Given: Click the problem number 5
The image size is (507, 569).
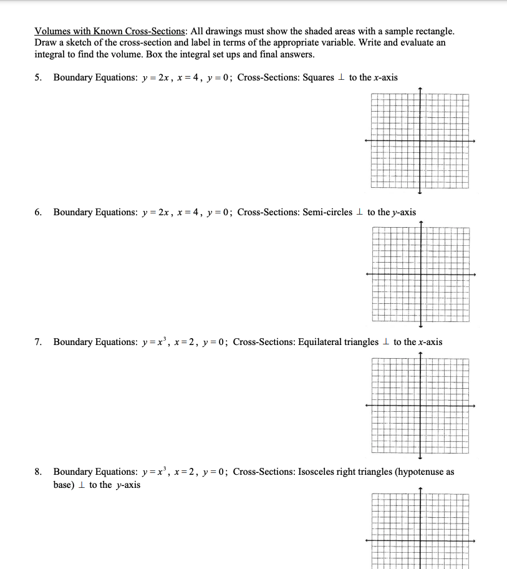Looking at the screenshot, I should click(38, 77).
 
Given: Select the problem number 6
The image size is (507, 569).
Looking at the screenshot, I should click(38, 212).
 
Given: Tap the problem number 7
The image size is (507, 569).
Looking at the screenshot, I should click(38, 342).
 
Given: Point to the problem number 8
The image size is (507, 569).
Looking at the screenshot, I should click(38, 472).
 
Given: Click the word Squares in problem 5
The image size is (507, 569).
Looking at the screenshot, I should click(318, 77).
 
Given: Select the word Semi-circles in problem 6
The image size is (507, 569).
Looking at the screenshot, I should click(327, 212).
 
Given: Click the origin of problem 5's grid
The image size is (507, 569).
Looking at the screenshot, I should click(420, 140).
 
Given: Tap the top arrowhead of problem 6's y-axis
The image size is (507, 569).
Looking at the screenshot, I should click(420, 223).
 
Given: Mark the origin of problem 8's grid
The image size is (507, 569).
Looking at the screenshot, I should click(420, 540).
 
